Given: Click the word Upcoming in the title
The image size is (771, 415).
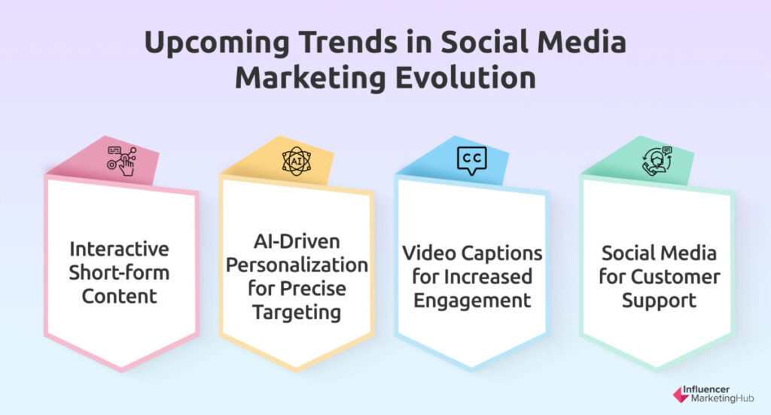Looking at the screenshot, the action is tap(217, 42).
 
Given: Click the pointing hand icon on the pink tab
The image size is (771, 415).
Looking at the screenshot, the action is tap(122, 161).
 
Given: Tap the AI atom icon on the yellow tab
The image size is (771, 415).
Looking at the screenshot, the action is tap(297, 161).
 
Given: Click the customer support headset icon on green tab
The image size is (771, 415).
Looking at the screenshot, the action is tap(657, 161).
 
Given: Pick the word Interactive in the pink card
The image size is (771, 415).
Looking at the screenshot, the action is tap(119, 249).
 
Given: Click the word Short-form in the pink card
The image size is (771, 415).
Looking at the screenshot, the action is tap(119, 273).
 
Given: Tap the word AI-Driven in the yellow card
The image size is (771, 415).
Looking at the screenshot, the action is tap(297, 241).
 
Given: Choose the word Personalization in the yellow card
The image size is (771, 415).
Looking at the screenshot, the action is tap(297, 265).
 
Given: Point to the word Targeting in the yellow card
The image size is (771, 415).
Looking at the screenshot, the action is tap(297, 313).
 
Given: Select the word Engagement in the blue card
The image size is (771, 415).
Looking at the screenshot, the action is tap(472, 301).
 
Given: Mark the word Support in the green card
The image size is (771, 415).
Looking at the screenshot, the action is tap(659, 301).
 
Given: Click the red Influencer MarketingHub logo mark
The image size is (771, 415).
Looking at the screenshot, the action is tap(681, 394).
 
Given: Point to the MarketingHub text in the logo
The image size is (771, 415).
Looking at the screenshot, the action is tap(722, 398).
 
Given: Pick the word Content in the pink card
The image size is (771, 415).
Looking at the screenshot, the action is tap(119, 296).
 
